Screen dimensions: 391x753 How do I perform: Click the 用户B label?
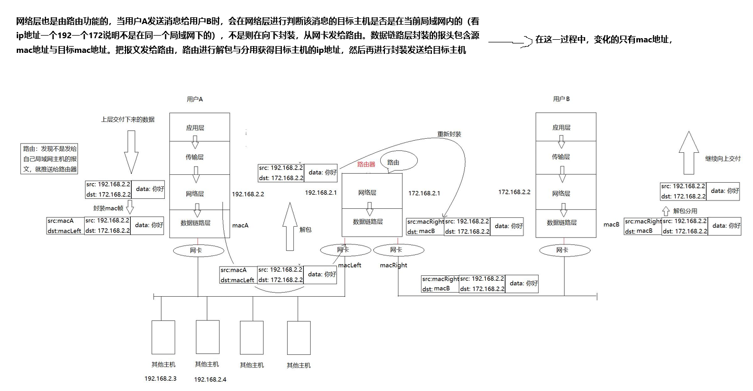(x=561, y=99)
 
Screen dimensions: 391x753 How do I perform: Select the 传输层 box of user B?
(x=561, y=157)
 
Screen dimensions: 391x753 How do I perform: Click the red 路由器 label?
(x=366, y=164)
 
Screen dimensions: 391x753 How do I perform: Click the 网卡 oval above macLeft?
(x=343, y=250)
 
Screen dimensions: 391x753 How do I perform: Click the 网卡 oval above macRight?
(x=396, y=250)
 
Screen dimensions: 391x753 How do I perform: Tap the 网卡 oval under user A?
(x=196, y=251)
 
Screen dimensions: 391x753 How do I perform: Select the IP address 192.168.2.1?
(x=321, y=193)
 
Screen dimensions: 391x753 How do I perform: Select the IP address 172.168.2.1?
(x=424, y=193)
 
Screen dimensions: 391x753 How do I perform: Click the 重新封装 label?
(x=449, y=134)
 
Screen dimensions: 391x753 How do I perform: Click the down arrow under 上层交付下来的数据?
(x=131, y=151)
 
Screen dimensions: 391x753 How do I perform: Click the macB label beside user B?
(x=611, y=225)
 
